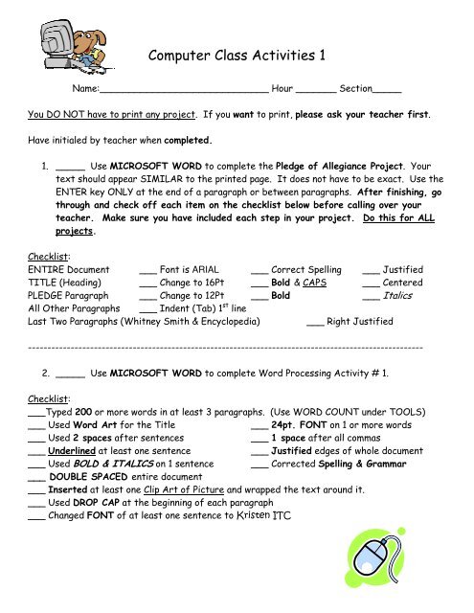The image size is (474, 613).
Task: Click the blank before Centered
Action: [372, 284]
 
